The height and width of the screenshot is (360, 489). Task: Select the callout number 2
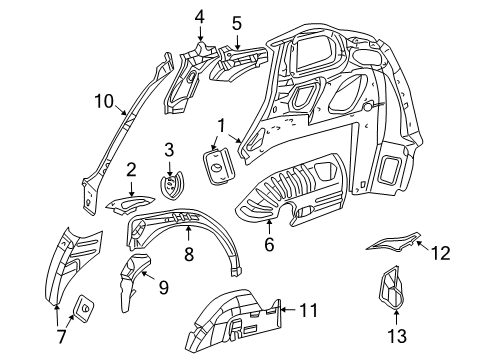tap(131, 171)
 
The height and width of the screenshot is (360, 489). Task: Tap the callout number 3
tap(169, 150)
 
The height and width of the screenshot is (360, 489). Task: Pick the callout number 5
tap(236, 22)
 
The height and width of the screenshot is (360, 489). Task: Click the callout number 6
tap(267, 244)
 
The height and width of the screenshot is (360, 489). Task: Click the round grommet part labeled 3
tap(171, 186)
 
